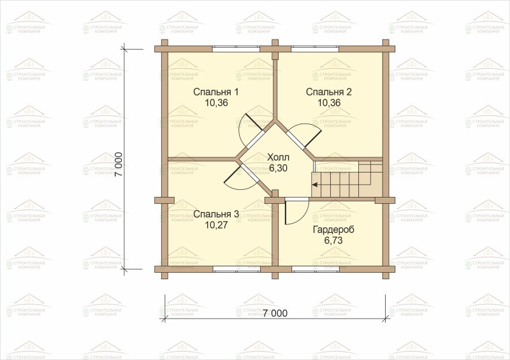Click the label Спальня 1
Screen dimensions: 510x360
click(216, 92)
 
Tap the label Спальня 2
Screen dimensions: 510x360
click(329, 92)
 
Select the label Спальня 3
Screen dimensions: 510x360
click(216, 214)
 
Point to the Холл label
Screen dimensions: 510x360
click(278, 158)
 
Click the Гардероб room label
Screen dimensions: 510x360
click(333, 229)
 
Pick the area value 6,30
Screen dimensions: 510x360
click(279, 168)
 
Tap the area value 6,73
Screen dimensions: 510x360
click(333, 240)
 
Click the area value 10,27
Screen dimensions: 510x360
click(216, 225)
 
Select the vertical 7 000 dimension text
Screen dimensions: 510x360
click(119, 164)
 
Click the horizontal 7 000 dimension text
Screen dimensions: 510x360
click(275, 313)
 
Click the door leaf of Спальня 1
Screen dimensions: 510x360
click(254, 122)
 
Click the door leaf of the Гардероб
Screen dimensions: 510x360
click(285, 213)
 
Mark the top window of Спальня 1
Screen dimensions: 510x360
click(237, 49)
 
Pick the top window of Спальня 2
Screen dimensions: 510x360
click(315, 49)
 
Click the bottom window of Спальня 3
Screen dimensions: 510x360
click(237, 269)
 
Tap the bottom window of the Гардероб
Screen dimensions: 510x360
click(315, 269)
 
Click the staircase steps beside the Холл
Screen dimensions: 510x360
click(347, 179)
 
